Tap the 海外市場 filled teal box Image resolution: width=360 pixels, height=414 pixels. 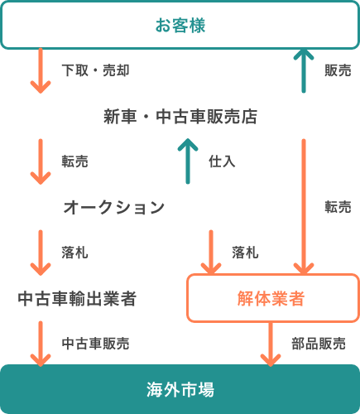pyautogui.click(x=180, y=389)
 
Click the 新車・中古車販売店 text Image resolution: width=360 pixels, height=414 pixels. pyautogui.click(x=180, y=116)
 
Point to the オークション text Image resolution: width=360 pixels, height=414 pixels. pyautogui.click(x=114, y=207)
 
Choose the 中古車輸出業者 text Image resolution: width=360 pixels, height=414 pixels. pyautogui.click(x=77, y=298)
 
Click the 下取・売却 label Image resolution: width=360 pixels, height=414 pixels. pyautogui.click(x=95, y=70)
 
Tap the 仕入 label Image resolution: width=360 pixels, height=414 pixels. pyautogui.click(x=222, y=161)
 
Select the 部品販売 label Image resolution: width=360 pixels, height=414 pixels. pyautogui.click(x=319, y=344)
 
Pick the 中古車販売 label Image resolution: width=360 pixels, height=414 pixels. pyautogui.click(x=95, y=344)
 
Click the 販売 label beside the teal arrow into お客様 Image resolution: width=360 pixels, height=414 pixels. pyautogui.click(x=338, y=70)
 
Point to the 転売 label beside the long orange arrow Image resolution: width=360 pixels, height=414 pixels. pyautogui.click(x=338, y=207)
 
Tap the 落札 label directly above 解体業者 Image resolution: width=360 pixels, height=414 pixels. pyautogui.click(x=245, y=253)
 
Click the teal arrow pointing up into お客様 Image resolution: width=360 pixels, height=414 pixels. pyautogui.click(x=304, y=70)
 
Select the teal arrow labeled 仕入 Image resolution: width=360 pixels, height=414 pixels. pyautogui.click(x=188, y=161)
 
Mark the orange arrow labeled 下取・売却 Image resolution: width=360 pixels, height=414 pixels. pyautogui.click(x=41, y=70)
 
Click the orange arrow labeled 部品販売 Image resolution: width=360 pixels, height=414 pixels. pyautogui.click(x=271, y=344)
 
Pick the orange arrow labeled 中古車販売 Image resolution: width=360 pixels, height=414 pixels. pyautogui.click(x=41, y=344)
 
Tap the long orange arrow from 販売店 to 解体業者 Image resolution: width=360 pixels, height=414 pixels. pyautogui.click(x=304, y=207)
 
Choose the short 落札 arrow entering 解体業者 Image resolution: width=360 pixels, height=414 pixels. pyautogui.click(x=211, y=253)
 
